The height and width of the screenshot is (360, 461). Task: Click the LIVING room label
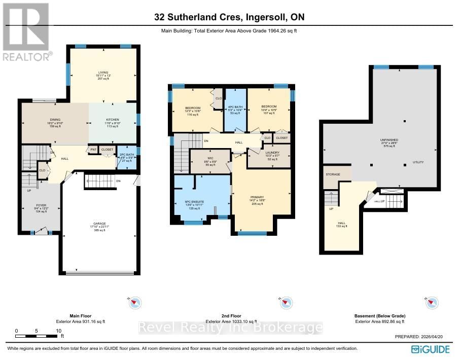(x=103, y=73)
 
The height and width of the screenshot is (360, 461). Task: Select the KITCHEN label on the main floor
(x=112, y=120)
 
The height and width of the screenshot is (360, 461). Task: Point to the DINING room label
(x=55, y=120)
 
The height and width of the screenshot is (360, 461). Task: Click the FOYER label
(x=41, y=205)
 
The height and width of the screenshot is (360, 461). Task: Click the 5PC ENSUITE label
(x=195, y=201)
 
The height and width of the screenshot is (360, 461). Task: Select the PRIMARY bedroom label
(x=257, y=197)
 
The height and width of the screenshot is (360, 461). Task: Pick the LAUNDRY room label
(x=269, y=153)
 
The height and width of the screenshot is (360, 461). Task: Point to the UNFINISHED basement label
(x=389, y=139)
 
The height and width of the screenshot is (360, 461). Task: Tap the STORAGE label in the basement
(x=332, y=173)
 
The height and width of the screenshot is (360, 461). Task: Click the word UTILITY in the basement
(x=418, y=162)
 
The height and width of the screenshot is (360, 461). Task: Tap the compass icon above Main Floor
(x=135, y=303)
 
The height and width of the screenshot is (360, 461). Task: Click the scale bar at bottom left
(x=38, y=336)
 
